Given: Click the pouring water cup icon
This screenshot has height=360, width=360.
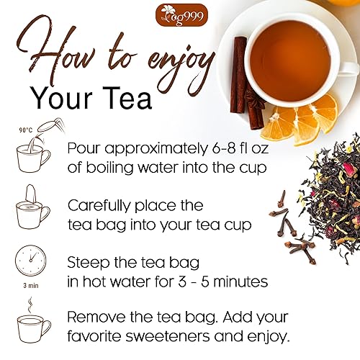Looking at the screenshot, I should tap(32, 152).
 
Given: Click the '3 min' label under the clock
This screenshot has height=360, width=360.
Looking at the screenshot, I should tap(31, 284).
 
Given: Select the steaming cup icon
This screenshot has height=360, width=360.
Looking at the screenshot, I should tap(32, 324).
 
